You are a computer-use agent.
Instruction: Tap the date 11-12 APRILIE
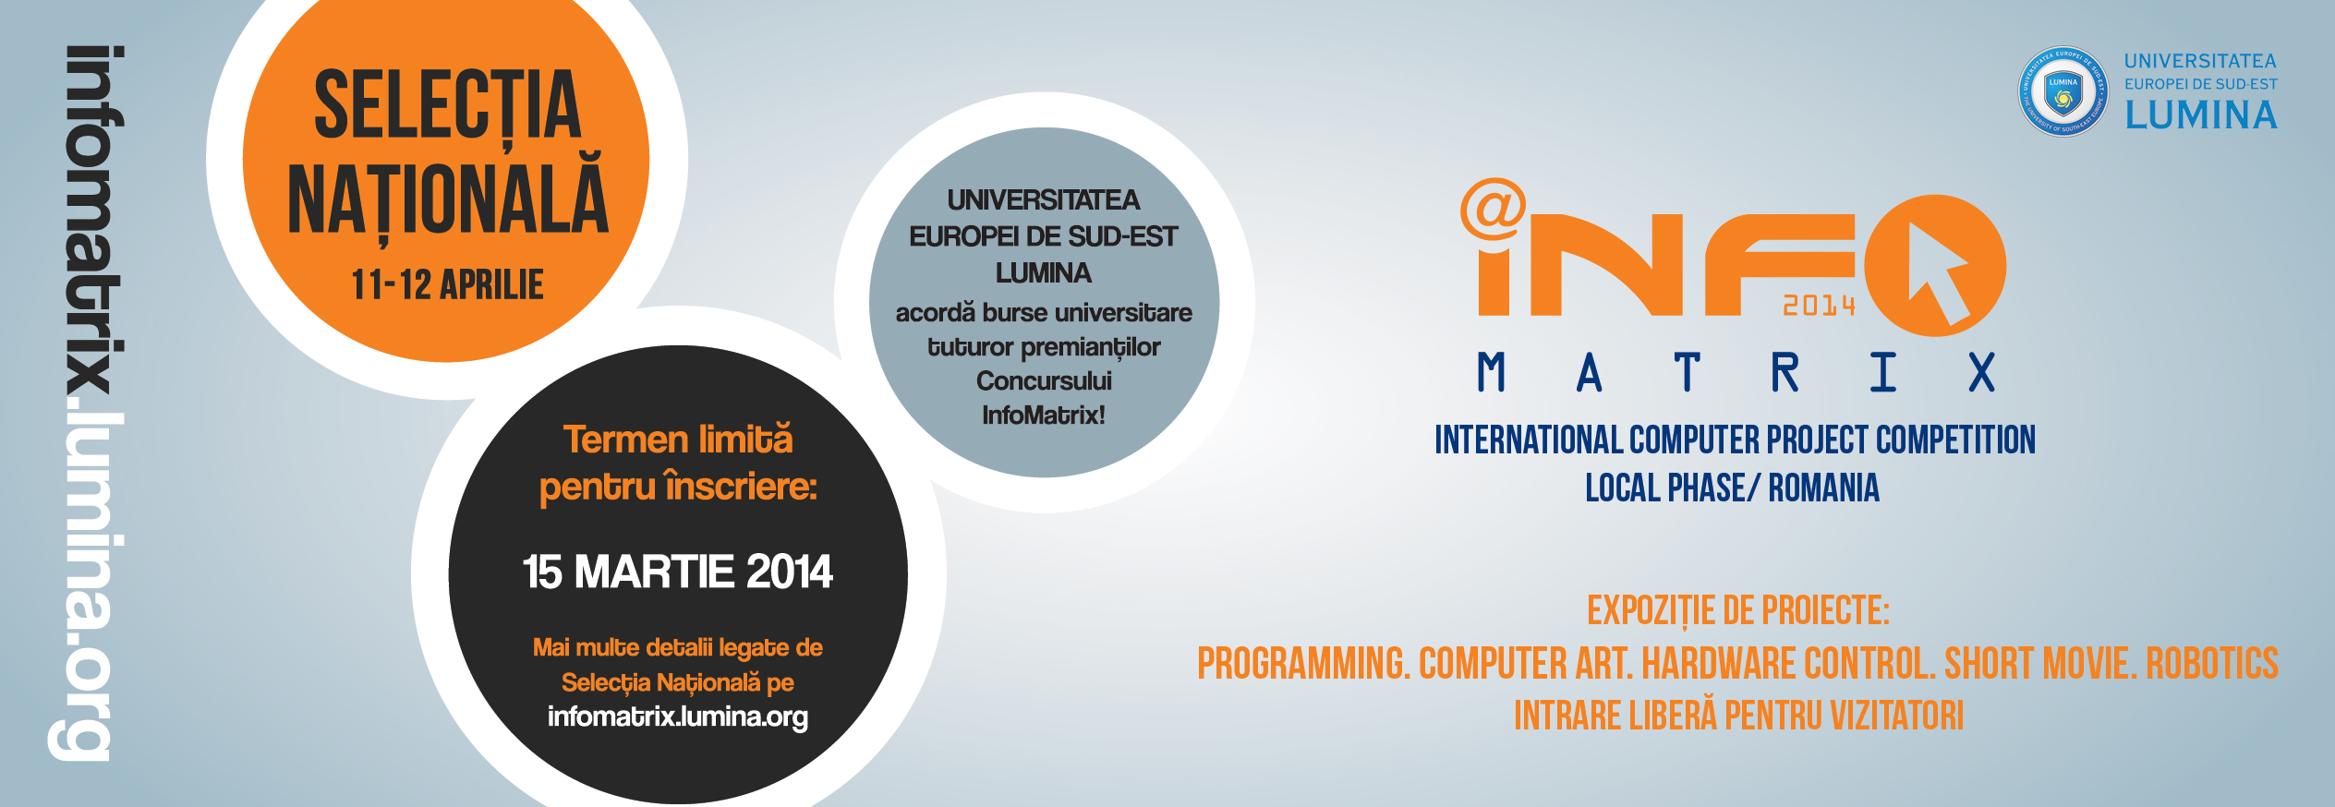448,284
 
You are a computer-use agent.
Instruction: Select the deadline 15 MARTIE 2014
677,572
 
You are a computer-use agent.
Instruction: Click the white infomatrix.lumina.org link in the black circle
677,717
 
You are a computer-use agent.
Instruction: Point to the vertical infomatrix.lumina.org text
88,403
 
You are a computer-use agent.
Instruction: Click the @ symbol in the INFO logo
1493,209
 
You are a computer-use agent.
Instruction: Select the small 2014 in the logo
1819,306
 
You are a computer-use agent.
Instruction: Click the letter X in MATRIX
1981,373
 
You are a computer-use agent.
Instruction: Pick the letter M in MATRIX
1492,373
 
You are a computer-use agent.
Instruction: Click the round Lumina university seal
2063,91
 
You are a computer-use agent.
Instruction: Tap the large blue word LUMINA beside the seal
2201,115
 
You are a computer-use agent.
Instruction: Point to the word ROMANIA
1823,488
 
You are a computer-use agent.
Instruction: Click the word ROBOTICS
2212,663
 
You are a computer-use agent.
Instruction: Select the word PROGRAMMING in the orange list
1303,663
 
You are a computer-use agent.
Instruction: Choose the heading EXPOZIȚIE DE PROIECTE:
1738,611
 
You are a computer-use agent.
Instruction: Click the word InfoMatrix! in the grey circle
1044,416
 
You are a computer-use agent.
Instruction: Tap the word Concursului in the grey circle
1044,381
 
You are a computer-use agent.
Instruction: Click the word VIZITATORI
1897,716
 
